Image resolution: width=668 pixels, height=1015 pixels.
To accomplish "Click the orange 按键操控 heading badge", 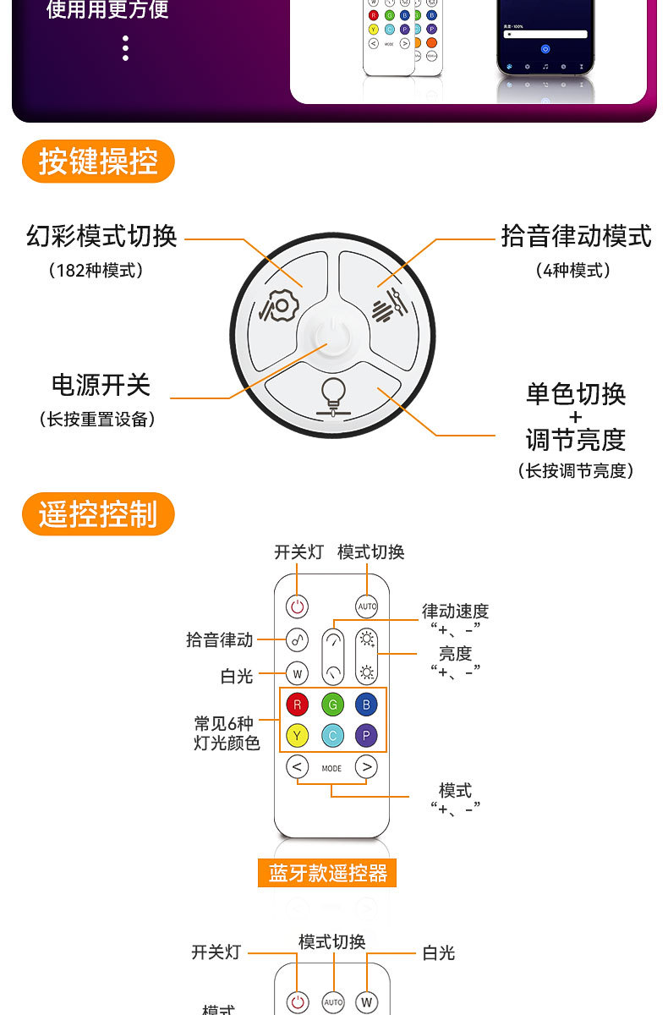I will coord(98,162).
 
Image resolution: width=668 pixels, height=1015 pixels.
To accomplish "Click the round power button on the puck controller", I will coord(332,336).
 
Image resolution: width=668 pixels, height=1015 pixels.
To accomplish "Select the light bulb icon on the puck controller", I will coord(332,393).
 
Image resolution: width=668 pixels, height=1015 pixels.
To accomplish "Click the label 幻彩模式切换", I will coord(102,236).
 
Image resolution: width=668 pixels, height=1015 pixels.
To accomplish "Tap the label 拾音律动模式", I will coord(576,236).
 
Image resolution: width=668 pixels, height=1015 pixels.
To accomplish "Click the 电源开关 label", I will coord(101,385).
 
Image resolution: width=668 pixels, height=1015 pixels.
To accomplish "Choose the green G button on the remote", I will coord(332,704).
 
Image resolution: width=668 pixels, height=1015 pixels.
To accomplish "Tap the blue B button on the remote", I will coord(366,704).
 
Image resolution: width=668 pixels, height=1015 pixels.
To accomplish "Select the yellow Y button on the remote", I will coord(297,736).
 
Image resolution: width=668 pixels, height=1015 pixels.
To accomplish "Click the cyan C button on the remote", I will coord(332,736).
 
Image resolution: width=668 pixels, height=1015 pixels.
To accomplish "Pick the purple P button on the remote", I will coord(366,736).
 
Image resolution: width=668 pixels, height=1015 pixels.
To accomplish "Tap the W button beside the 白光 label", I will coord(297,674).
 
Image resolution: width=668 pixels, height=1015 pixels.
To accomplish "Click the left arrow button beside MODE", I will coord(297,767).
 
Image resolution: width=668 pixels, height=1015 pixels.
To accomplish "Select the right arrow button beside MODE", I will coord(366,767).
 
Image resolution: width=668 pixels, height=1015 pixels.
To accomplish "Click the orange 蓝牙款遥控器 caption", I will coord(327,873).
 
